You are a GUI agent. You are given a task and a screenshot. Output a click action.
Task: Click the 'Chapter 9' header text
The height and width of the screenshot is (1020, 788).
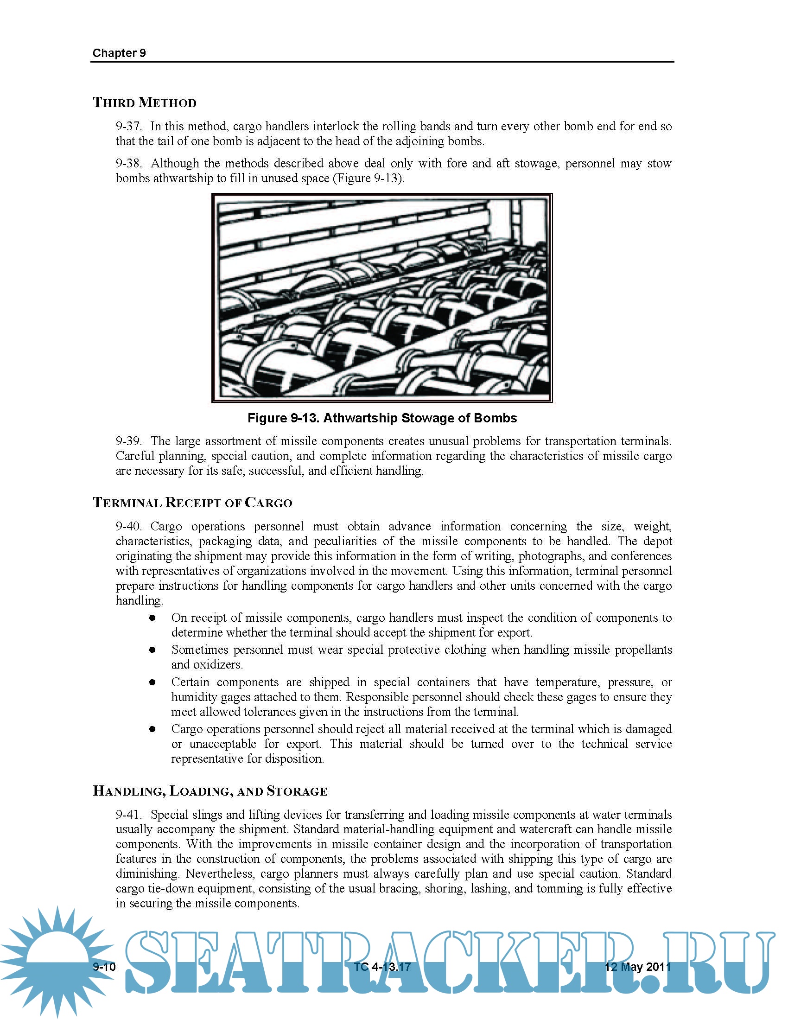click(x=119, y=53)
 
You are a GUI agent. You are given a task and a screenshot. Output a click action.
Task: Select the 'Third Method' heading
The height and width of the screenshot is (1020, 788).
click(x=145, y=103)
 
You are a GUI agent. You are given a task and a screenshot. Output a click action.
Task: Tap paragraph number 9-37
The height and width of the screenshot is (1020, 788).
click(x=128, y=127)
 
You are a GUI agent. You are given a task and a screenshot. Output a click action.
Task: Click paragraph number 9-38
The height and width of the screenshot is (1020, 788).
click(x=128, y=164)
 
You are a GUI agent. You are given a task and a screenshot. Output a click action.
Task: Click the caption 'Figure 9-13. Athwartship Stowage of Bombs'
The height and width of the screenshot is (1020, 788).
click(x=382, y=418)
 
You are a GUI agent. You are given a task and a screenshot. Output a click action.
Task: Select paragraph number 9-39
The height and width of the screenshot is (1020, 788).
click(x=128, y=441)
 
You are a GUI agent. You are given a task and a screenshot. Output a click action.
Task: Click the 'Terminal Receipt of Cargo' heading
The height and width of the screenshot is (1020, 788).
click(x=192, y=503)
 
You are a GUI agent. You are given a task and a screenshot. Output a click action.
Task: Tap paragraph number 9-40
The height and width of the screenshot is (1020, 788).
click(x=128, y=527)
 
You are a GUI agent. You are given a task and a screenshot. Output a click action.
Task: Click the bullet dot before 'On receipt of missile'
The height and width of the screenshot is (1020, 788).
click(x=152, y=618)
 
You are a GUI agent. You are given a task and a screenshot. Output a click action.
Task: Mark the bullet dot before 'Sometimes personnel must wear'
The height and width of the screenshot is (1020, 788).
click(x=152, y=650)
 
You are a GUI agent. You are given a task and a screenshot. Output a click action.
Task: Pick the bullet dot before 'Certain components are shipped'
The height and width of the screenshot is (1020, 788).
click(x=152, y=682)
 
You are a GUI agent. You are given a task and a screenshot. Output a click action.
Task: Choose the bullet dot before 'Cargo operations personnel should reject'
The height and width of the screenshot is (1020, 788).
click(x=152, y=729)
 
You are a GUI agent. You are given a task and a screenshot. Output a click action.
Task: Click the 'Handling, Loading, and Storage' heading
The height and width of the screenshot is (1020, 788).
click(x=210, y=791)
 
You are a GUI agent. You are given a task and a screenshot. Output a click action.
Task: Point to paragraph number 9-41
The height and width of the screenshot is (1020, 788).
click(x=128, y=815)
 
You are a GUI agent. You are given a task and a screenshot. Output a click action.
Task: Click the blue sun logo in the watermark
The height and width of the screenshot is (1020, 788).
click(x=56, y=962)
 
